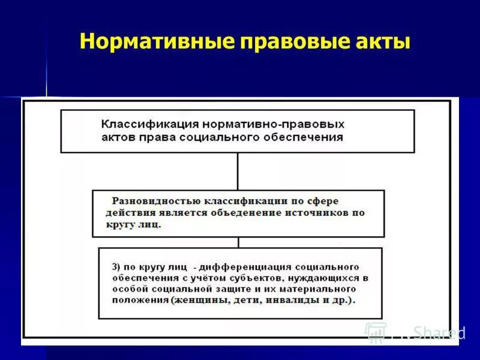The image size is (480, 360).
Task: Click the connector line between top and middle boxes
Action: [238, 172]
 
